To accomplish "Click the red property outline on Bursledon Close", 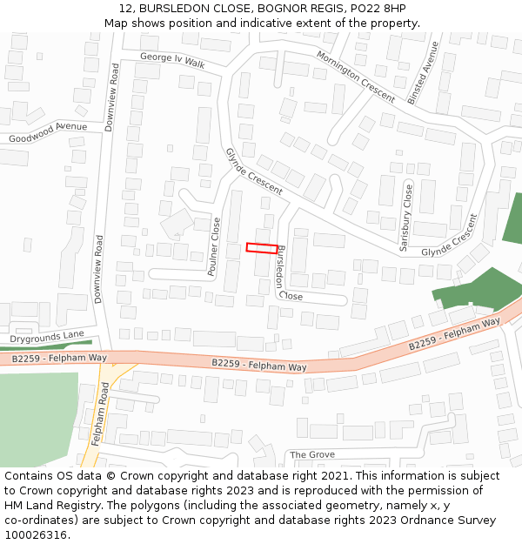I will click(x=262, y=248).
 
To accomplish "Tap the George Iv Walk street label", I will click(x=172, y=60).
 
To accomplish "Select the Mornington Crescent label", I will click(x=355, y=76).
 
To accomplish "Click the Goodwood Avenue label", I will click(x=48, y=132).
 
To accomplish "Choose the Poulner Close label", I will click(x=213, y=247).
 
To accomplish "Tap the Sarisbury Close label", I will click(x=406, y=218).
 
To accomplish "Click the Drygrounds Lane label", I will click(x=48, y=336).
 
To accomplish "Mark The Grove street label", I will click(x=311, y=455).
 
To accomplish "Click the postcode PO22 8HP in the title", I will click(x=383, y=9).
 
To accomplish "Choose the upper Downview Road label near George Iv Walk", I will click(x=111, y=97).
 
